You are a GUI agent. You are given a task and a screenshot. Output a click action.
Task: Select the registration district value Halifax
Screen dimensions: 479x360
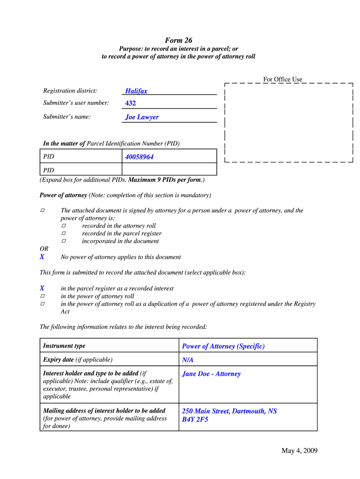(x=136, y=91)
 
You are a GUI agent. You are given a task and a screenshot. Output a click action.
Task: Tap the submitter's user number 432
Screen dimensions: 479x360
(x=130, y=103)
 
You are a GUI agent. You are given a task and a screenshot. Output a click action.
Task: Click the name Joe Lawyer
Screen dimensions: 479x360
(x=142, y=117)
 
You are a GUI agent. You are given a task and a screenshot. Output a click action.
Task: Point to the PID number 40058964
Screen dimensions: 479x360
(x=139, y=157)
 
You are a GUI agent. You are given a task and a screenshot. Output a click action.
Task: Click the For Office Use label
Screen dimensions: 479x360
(x=282, y=80)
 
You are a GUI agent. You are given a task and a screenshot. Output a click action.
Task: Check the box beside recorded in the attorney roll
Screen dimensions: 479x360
(x=64, y=225)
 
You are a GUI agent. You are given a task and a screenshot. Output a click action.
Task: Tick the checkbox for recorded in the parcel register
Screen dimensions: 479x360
(x=64, y=233)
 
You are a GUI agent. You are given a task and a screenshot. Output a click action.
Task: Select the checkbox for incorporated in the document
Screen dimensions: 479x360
(x=64, y=241)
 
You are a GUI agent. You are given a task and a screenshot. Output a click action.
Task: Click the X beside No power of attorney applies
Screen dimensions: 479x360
(x=42, y=257)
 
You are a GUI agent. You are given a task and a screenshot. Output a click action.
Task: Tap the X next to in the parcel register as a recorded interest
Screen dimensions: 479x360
(x=42, y=288)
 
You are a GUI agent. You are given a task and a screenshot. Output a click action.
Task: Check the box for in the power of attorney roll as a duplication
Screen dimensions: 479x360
(x=42, y=304)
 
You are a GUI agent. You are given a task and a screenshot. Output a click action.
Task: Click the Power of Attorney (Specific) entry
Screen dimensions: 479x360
(x=223, y=346)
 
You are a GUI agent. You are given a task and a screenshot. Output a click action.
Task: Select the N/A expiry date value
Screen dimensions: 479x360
(x=187, y=360)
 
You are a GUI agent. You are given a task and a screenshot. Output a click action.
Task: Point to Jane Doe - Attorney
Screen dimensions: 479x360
(x=211, y=374)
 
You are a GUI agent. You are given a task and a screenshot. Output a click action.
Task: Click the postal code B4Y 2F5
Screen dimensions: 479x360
(x=195, y=419)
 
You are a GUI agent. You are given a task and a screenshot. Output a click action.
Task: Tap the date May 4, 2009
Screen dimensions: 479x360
(x=299, y=450)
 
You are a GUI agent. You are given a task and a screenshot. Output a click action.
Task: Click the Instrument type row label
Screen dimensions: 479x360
(x=64, y=346)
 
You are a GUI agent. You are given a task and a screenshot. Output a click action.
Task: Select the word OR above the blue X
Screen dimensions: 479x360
(x=44, y=249)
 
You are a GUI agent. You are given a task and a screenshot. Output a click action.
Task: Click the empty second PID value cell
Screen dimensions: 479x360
(x=170, y=169)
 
